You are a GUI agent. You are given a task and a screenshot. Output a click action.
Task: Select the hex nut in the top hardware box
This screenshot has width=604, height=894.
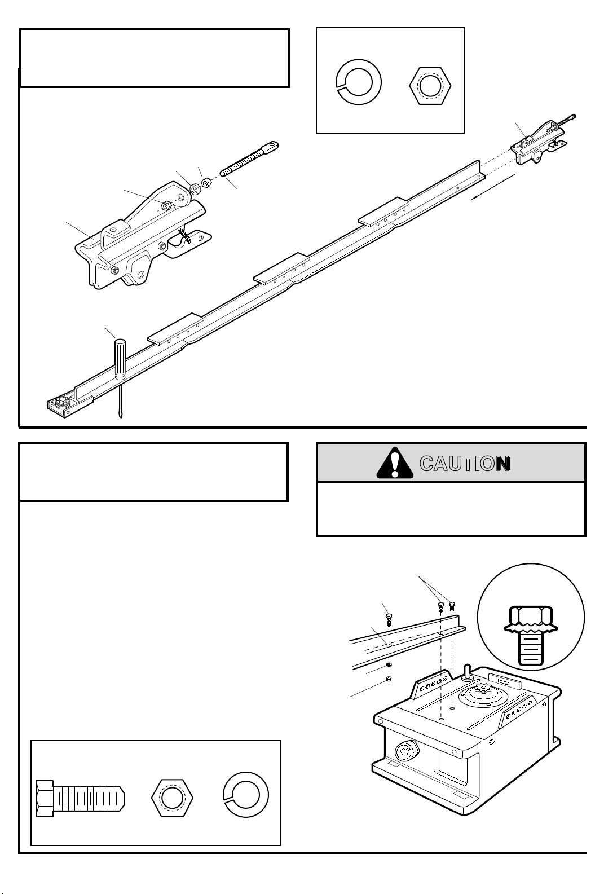click(430, 86)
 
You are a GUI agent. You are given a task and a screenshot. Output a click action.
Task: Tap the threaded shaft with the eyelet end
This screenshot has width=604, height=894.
click(249, 158)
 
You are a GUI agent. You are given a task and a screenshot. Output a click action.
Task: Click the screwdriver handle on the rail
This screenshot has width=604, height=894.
click(120, 358)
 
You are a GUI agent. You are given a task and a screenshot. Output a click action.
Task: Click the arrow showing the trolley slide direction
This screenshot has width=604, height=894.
click(492, 187)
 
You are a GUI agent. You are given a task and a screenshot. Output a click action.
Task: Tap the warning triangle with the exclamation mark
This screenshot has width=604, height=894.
click(395, 463)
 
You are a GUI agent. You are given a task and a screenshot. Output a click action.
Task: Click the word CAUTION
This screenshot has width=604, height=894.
click(465, 464)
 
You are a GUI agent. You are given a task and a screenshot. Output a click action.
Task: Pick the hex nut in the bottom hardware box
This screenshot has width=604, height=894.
click(172, 798)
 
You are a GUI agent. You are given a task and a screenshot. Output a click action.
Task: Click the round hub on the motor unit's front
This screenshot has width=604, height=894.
click(406, 753)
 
